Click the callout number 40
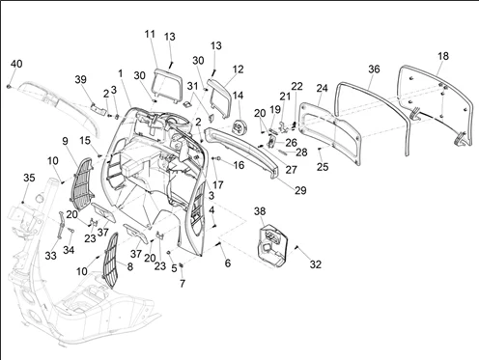16,64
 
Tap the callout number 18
443,56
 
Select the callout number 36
374,69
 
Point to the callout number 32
316,264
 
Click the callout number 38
260,211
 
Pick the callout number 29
300,190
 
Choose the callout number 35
29,178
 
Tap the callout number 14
238,96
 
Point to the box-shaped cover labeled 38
272,245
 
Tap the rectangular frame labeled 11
165,86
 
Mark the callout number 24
322,88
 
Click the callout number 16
239,165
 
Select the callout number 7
183,284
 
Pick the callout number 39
80,79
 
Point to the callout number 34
69,250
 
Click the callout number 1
121,73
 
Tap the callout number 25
323,167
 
